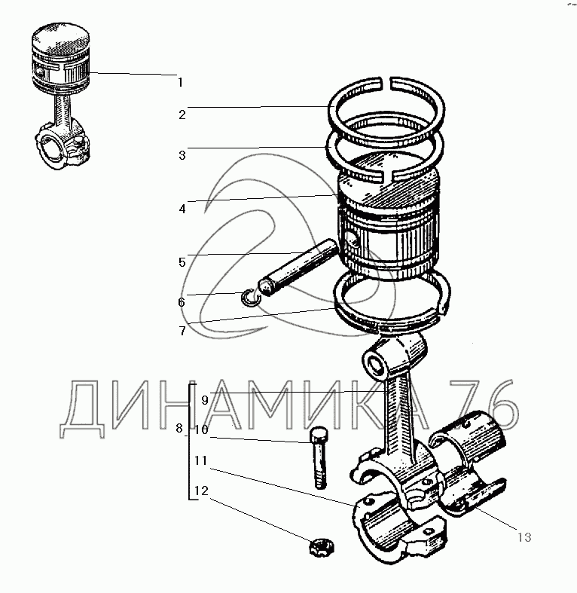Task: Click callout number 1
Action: (180, 82)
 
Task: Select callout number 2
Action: (182, 115)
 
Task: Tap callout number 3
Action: (182, 155)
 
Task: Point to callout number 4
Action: (182, 209)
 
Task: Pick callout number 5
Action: (182, 262)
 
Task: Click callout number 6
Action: (182, 302)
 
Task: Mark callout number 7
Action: (182, 331)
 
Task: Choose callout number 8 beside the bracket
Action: (179, 429)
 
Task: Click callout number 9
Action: (205, 400)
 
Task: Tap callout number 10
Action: (202, 430)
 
